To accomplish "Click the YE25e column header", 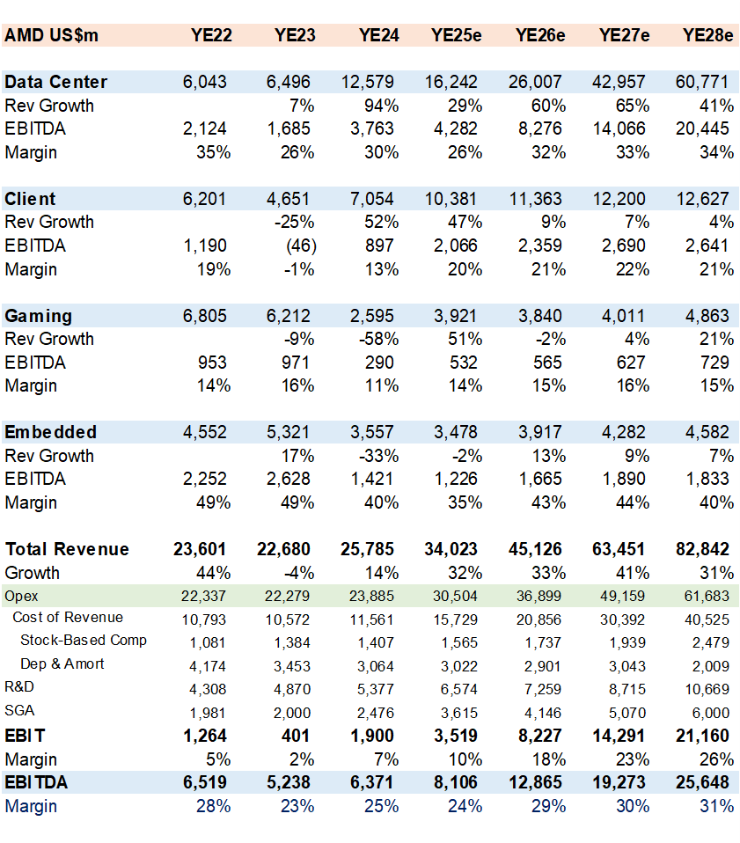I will pos(456,36).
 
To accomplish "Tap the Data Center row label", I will pos(56,82).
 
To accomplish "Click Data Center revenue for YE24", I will pos(370,82).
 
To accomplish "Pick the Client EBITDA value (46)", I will pos(296,246).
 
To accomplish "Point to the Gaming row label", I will pos(39,316).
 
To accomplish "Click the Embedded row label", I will pos(51,432).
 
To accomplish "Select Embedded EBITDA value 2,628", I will pos(291,479).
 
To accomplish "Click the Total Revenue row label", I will pos(67,549).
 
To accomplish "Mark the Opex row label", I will pos(21,596).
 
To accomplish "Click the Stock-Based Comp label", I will pos(84,640).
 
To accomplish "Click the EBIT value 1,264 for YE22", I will pos(204,736).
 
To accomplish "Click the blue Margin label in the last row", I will pos(31,805).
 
